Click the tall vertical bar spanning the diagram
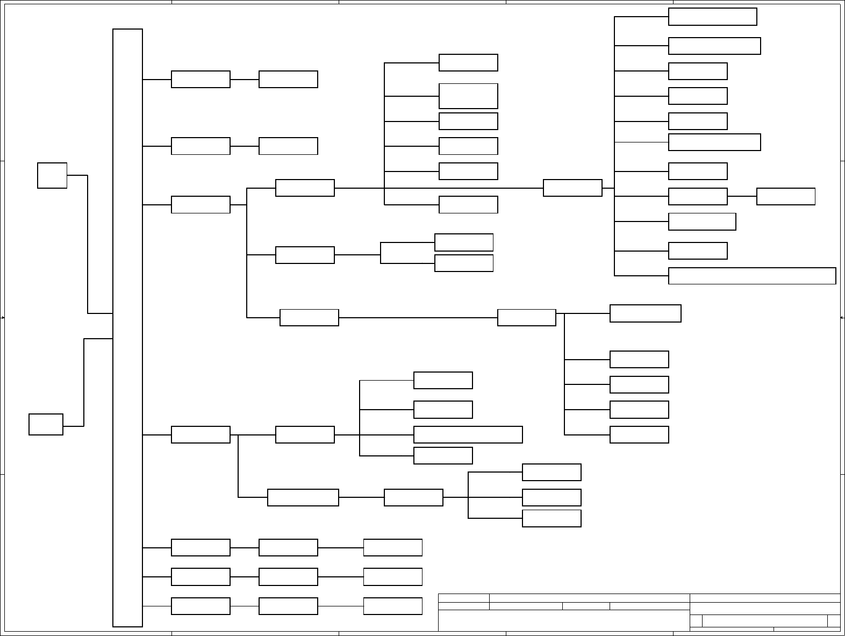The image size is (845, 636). click(127, 328)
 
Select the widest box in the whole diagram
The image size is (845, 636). click(751, 276)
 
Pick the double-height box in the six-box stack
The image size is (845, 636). click(468, 96)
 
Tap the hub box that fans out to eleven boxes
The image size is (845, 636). click(572, 188)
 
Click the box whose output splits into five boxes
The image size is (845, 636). click(526, 318)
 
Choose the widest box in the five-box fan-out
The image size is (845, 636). click(645, 313)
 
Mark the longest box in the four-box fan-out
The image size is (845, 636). click(468, 434)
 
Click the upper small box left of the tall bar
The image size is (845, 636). click(52, 175)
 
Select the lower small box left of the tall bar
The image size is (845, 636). click(46, 424)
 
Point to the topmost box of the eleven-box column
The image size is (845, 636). click(712, 17)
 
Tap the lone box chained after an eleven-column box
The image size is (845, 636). click(785, 197)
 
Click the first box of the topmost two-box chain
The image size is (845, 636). click(200, 79)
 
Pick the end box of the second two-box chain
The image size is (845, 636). click(288, 146)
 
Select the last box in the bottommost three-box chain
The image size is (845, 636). click(392, 606)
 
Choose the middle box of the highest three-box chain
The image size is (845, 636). click(288, 548)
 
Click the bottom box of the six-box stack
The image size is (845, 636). click(468, 205)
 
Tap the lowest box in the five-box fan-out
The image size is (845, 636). click(639, 434)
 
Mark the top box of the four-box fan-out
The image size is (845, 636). click(443, 380)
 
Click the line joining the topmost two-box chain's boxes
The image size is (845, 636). click(245, 79)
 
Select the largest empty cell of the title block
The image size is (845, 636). click(564, 620)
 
